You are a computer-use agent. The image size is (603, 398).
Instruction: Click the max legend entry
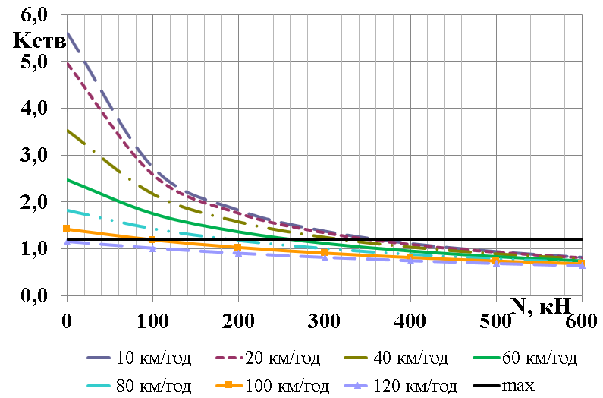(522, 386)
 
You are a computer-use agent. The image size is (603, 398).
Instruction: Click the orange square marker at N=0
(67, 228)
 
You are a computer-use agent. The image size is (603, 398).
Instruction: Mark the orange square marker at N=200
(238, 248)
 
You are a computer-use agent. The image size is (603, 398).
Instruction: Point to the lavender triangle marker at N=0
(67, 242)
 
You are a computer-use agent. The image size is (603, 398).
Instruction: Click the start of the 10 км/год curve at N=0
(68, 32)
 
